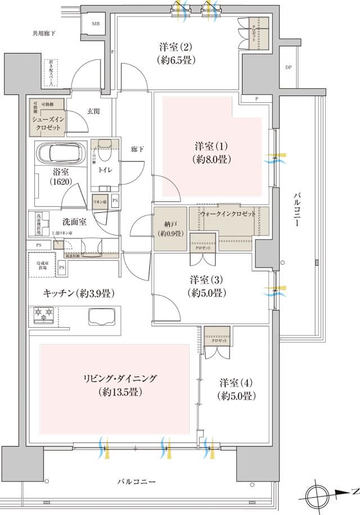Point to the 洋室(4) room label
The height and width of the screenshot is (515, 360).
(237, 389)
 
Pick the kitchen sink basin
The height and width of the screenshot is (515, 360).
(102, 318)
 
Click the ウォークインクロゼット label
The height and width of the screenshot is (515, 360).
(228, 214)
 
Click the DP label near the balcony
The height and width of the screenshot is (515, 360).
(287, 68)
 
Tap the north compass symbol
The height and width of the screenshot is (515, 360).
(318, 495)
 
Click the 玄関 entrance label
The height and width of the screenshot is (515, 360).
(93, 111)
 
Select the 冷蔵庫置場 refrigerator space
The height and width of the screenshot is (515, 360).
(41, 265)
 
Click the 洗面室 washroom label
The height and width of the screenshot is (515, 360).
(74, 222)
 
